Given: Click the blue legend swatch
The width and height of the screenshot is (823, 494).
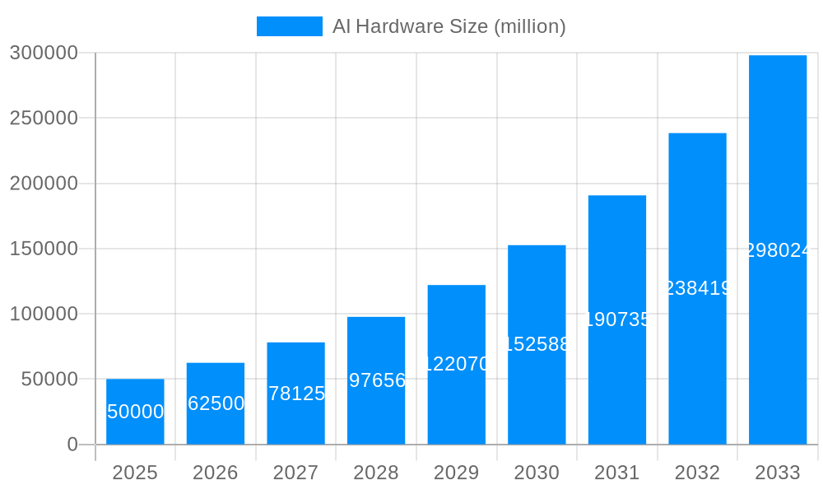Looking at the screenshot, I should (289, 26).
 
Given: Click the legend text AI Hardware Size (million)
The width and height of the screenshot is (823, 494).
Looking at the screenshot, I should (449, 26).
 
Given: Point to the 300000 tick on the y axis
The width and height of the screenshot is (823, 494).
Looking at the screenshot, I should (44, 53).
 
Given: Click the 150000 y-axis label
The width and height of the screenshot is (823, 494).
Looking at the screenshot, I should (44, 249).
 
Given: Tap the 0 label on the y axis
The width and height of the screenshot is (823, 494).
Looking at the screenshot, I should (72, 445).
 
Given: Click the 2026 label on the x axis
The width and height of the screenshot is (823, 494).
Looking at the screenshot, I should (215, 473).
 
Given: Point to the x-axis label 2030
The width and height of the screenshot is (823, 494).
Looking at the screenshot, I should (537, 473).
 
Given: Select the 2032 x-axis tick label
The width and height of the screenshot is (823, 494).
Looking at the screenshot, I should (697, 473).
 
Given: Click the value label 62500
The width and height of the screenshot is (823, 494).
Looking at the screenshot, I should (216, 403).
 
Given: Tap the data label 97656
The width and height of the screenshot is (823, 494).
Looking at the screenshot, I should (377, 380).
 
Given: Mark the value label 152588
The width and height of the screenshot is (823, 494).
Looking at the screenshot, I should (537, 344).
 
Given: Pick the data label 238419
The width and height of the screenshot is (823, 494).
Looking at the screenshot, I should (697, 288).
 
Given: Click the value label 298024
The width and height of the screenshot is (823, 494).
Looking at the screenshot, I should (778, 250).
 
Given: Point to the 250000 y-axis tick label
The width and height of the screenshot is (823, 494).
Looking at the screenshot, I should (44, 118).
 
